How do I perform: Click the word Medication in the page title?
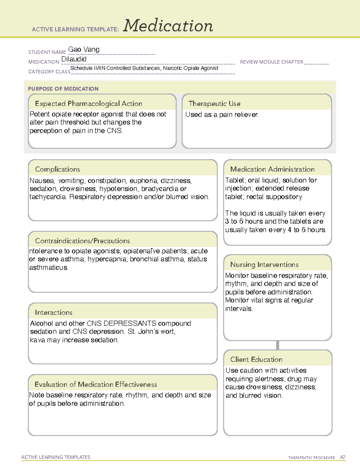(168, 26)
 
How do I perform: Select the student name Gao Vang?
(84, 50)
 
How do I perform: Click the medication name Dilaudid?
(74, 59)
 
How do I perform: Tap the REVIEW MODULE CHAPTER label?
(271, 62)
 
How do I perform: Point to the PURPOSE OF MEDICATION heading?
(63, 89)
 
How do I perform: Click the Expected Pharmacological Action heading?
(88, 104)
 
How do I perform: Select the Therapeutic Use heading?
(214, 104)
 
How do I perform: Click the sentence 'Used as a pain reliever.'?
(222, 115)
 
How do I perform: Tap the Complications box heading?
(57, 169)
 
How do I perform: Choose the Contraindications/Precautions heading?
(82, 241)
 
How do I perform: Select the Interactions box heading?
(53, 313)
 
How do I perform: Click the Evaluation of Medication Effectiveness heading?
(96, 384)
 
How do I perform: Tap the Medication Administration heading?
(272, 169)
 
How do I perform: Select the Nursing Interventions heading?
(264, 265)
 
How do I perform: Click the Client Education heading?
(256, 359)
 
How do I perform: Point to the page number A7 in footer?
(342, 457)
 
